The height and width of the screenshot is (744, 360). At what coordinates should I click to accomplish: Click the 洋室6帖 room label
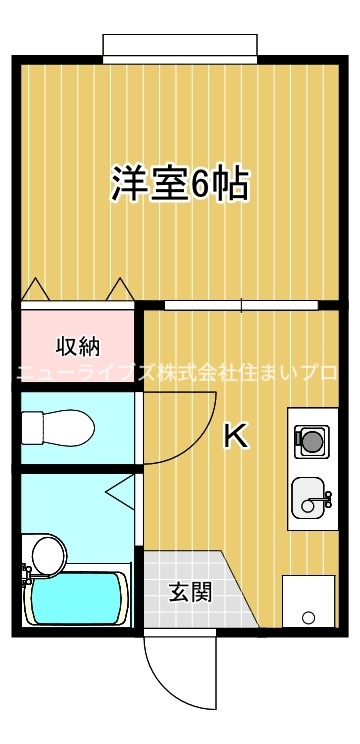coord(179,183)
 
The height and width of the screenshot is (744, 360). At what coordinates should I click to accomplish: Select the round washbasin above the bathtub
coord(45,552)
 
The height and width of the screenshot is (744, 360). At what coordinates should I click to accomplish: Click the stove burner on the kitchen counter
coord(311,437)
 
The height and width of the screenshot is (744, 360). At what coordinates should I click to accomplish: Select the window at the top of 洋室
coord(179,46)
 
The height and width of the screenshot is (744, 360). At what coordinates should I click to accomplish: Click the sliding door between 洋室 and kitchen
coord(240,304)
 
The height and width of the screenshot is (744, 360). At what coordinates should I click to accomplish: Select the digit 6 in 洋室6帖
coord(202,184)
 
